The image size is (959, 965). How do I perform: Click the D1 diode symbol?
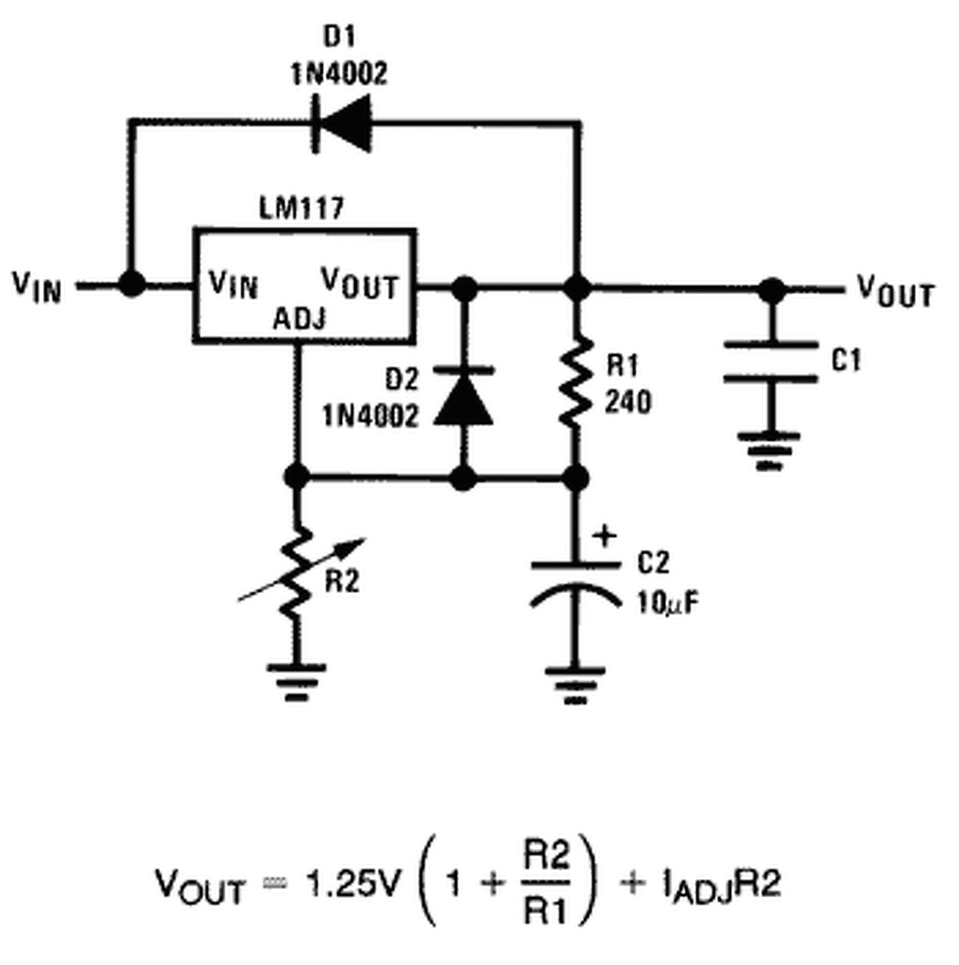pyautogui.click(x=342, y=123)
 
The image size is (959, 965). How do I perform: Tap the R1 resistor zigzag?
pyautogui.click(x=577, y=382)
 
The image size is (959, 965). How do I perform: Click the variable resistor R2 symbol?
pyautogui.click(x=299, y=571)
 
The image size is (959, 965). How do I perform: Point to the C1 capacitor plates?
pyautogui.click(x=771, y=362)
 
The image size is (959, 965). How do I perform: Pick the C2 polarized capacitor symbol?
pyautogui.click(x=576, y=584)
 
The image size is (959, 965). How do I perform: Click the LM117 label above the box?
pyautogui.click(x=301, y=207)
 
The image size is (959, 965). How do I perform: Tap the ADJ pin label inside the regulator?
pyautogui.click(x=300, y=319)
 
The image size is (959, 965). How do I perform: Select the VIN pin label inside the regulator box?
pyautogui.click(x=233, y=285)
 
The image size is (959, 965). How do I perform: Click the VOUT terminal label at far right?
pyautogui.click(x=896, y=292)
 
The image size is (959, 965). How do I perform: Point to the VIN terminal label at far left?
pyautogui.click(x=38, y=286)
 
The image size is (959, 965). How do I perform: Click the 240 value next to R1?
pyautogui.click(x=628, y=402)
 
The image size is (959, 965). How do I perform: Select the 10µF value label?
pyautogui.click(x=668, y=603)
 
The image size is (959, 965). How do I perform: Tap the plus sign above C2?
pyautogui.click(x=605, y=535)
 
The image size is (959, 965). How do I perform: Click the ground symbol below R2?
pyautogui.click(x=297, y=682)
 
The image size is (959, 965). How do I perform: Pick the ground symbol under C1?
pyautogui.click(x=770, y=451)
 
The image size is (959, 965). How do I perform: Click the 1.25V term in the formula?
pyautogui.click(x=352, y=884)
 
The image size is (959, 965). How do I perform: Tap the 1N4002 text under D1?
pyautogui.click(x=339, y=74)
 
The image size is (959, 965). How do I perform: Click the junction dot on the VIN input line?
pyautogui.click(x=131, y=285)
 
